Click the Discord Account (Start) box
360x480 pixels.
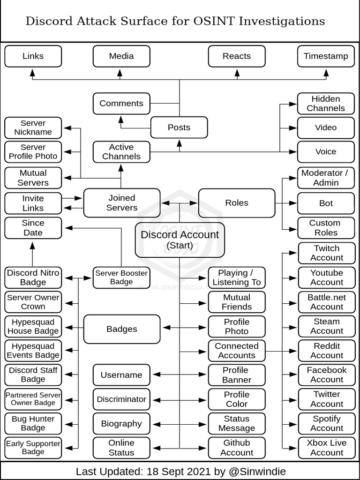[x=180, y=240]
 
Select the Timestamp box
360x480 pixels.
[x=326, y=56]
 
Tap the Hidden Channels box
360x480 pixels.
[x=326, y=104]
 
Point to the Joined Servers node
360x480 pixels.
[x=121, y=203]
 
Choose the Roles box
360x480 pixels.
[x=237, y=203]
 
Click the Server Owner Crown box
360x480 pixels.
[x=33, y=302]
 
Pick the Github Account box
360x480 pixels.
[x=237, y=448]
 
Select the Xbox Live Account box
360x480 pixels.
[x=327, y=448]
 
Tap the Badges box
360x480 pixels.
[x=121, y=329]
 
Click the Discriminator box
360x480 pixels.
[x=121, y=399]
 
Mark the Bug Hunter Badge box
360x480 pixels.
[x=33, y=423]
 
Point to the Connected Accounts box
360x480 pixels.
[x=237, y=351]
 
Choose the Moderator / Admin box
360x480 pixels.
[x=326, y=178]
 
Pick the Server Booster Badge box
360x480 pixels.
[x=121, y=277]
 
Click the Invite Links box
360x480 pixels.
[x=33, y=203]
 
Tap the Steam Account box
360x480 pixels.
[x=327, y=326]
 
